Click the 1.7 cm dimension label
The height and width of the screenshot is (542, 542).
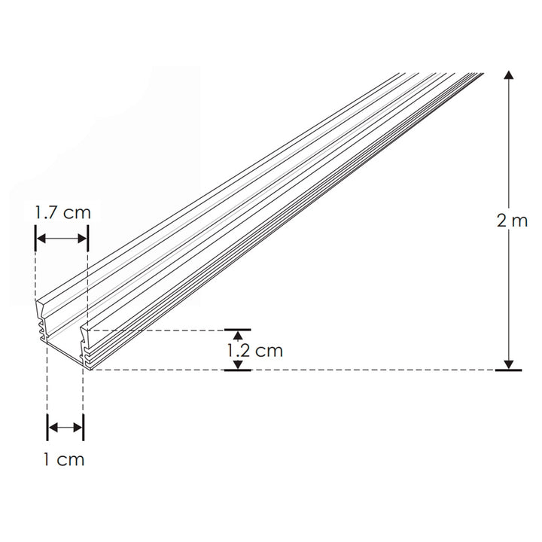pyautogui.click(x=62, y=212)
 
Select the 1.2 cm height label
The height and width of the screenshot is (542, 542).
pyautogui.click(x=254, y=350)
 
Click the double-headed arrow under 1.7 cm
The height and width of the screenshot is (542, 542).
pyautogui.click(x=62, y=239)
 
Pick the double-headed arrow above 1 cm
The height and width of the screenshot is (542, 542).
pyautogui.click(x=65, y=428)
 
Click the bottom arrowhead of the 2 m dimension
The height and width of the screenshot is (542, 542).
pyautogui.click(x=510, y=364)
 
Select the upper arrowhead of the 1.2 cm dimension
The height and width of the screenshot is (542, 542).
pyautogui.click(x=238, y=336)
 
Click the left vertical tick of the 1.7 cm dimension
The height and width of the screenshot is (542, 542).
pyautogui.click(x=35, y=239)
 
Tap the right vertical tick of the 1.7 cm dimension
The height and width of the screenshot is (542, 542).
pyautogui.click(x=88, y=239)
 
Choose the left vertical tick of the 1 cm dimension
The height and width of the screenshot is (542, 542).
pyautogui.click(x=47, y=428)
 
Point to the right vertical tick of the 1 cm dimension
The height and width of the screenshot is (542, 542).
pyautogui.click(x=84, y=428)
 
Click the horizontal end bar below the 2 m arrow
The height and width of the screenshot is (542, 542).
pyautogui.click(x=510, y=370)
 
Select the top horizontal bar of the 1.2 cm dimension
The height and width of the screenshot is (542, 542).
pyautogui.click(x=238, y=329)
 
